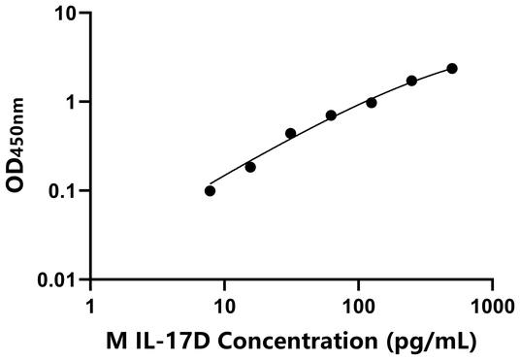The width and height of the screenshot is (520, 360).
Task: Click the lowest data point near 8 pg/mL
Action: point(211,190)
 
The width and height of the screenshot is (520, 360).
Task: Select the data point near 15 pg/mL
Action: point(250,167)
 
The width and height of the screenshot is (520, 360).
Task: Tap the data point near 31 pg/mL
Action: point(290,133)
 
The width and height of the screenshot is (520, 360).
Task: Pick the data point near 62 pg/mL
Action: point(331,115)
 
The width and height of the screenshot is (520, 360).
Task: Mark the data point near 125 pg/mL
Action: point(372,102)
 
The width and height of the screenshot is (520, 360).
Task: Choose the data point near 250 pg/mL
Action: point(412,81)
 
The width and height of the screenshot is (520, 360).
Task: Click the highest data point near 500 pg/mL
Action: point(452,68)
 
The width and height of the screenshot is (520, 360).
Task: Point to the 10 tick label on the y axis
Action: point(66,14)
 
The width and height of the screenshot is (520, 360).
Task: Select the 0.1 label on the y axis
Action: point(62,190)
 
